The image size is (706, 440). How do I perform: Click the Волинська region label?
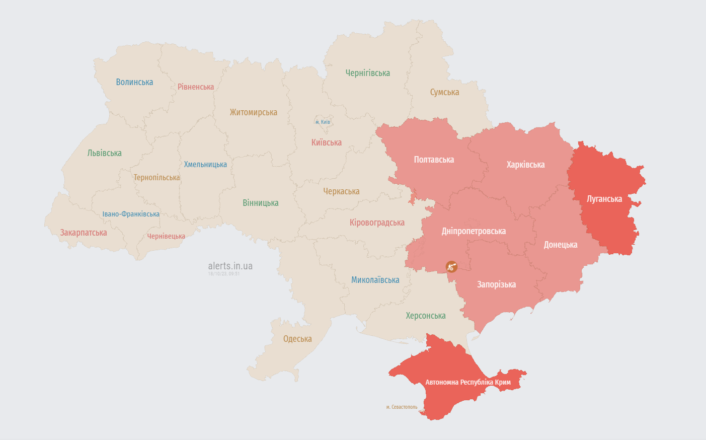pyautogui.click(x=134, y=82)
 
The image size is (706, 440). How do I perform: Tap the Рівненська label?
pyautogui.click(x=196, y=87)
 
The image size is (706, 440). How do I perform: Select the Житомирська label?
pyautogui.click(x=253, y=112)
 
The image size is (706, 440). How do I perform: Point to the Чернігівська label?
pyautogui.click(x=367, y=73)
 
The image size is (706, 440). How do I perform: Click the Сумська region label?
pyautogui.click(x=444, y=92)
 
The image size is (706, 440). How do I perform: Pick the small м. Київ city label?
pyautogui.click(x=323, y=122)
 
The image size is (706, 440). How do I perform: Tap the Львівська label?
pyautogui.click(x=104, y=153)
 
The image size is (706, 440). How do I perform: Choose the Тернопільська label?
pyautogui.click(x=156, y=178)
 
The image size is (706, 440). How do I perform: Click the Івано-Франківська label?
pyautogui.click(x=131, y=214)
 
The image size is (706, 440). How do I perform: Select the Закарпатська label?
pyautogui.click(x=84, y=233)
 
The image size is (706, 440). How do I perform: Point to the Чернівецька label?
pyautogui.click(x=166, y=236)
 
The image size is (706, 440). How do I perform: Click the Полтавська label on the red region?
pyautogui.click(x=434, y=160)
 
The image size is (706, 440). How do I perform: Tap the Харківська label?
pyautogui.click(x=525, y=165)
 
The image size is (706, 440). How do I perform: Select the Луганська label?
pyautogui.click(x=604, y=199)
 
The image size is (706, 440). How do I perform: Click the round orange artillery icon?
pyautogui.click(x=451, y=267)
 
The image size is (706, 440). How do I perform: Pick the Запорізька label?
pyautogui.click(x=496, y=284)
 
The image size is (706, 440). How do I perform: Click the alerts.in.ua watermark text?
pyautogui.click(x=230, y=266)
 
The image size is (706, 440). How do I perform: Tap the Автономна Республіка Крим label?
pyautogui.click(x=468, y=382)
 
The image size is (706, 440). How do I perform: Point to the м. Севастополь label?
pyautogui.click(x=402, y=407)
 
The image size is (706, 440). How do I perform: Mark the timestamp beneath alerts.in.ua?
pyautogui.click(x=224, y=274)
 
